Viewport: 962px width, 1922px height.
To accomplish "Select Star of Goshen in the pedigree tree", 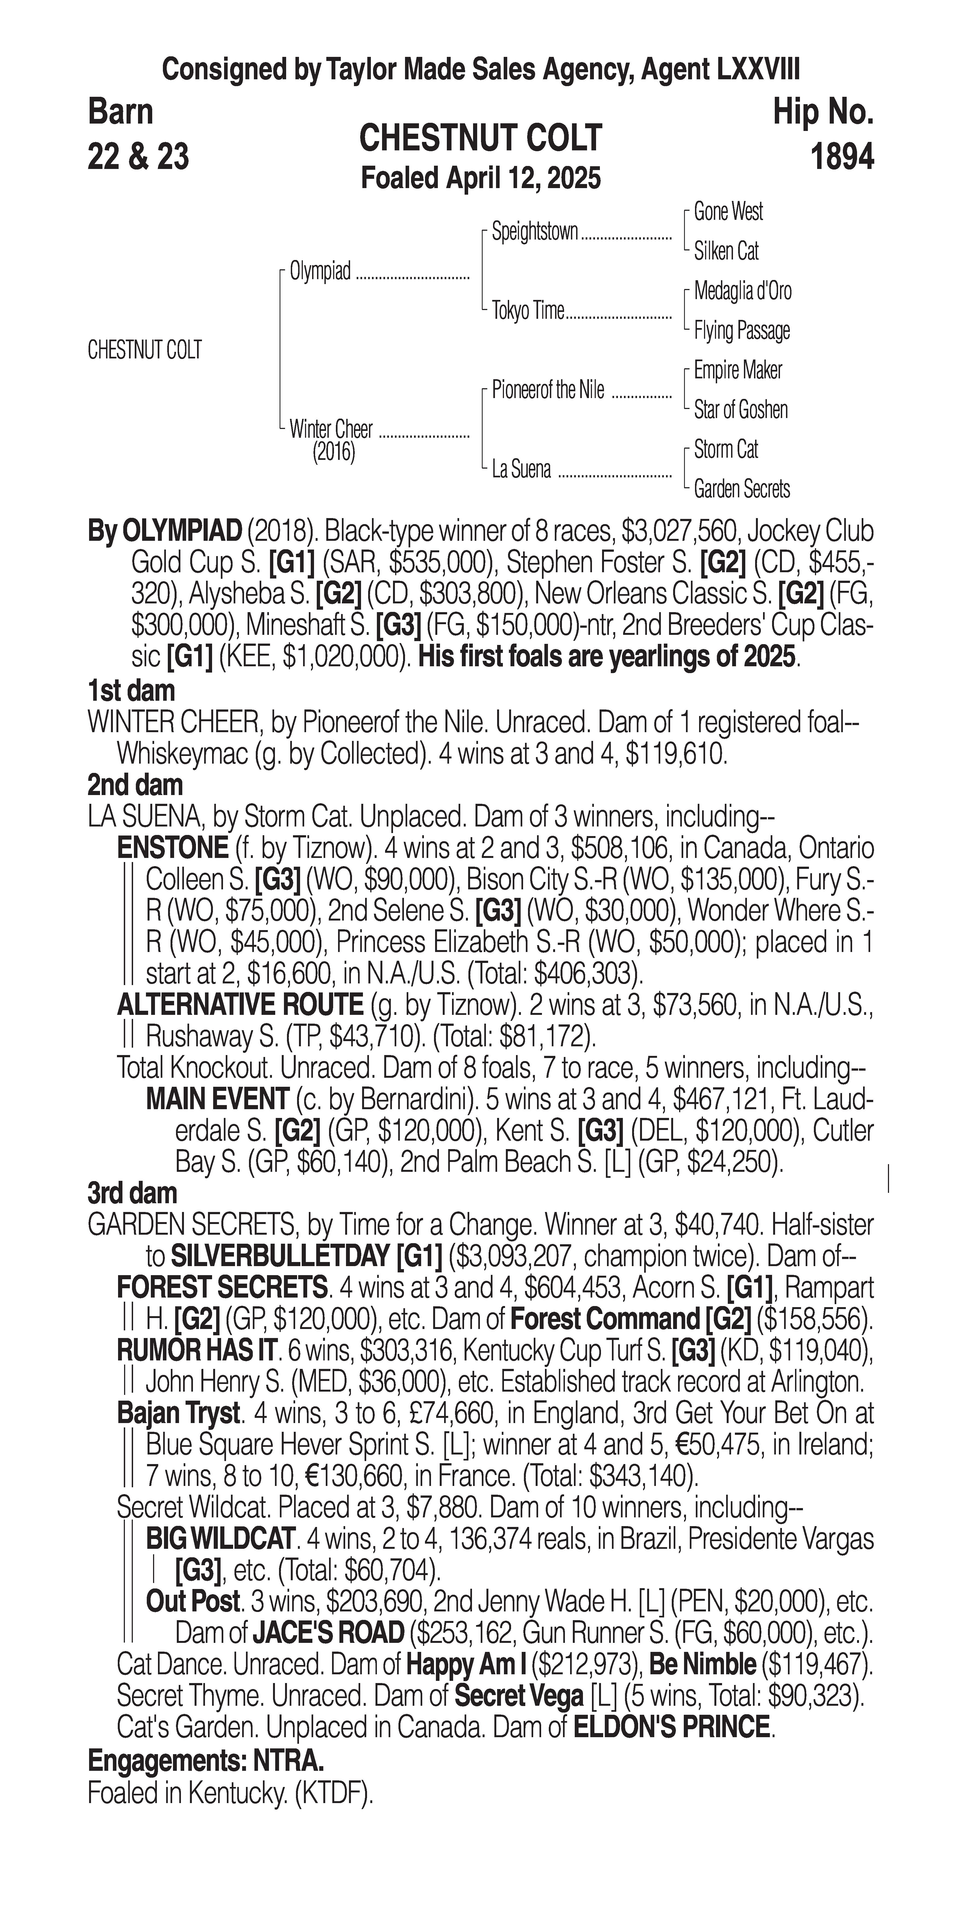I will coord(741,410).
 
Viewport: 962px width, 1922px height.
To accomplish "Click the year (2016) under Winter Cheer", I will coord(333,452).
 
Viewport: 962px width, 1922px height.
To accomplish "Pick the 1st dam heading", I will coord(131,691).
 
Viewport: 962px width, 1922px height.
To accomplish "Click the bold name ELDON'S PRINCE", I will coord(671,1727).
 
